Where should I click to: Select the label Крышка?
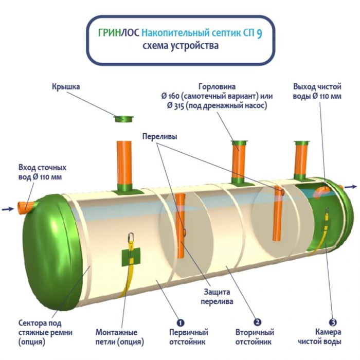coord(65,87)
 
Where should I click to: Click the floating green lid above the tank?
coord(123,119)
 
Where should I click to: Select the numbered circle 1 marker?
coord(181,322)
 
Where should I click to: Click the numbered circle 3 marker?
coord(333,322)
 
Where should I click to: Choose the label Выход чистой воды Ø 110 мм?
coord(317,91)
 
